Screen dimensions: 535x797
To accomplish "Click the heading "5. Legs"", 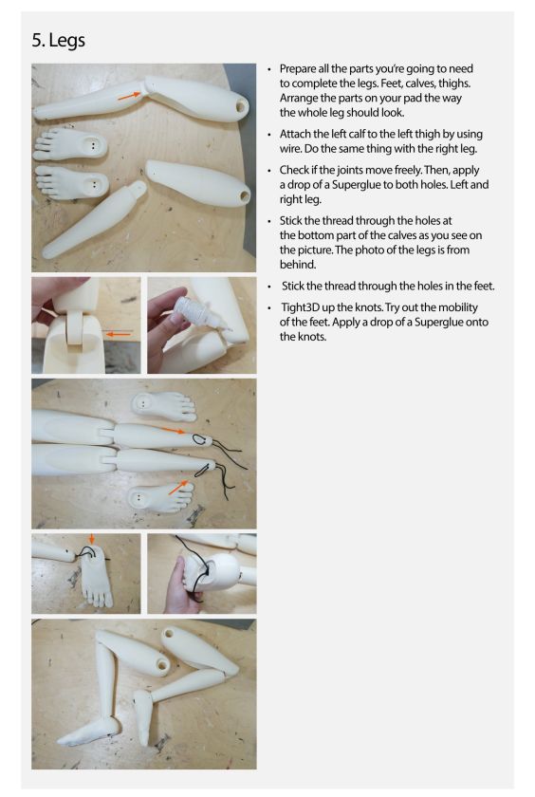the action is [x=59, y=41].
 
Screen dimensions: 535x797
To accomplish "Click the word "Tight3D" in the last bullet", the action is [x=301, y=307].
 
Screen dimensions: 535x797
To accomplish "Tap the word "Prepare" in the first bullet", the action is [x=297, y=69].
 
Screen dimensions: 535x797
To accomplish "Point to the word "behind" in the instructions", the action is [x=297, y=265].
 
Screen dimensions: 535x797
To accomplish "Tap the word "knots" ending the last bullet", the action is [x=312, y=337].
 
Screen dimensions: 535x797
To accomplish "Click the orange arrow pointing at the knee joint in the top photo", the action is [x=129, y=95].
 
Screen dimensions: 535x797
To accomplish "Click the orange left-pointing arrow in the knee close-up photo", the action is [x=119, y=334].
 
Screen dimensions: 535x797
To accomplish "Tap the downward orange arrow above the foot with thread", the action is [x=91, y=539].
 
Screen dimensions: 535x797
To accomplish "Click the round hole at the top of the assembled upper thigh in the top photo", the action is [x=242, y=106].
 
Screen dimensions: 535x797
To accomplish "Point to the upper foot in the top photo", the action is [x=70, y=145].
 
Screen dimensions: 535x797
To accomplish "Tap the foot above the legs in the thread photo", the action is [x=163, y=406].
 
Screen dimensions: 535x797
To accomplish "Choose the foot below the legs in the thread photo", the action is [x=160, y=496].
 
